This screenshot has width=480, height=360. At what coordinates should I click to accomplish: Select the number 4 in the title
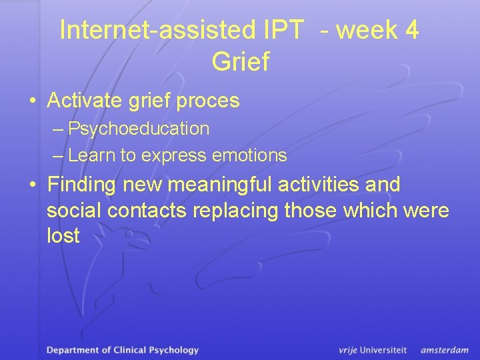[x=412, y=30]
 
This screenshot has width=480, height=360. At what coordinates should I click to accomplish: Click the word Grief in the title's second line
[x=240, y=61]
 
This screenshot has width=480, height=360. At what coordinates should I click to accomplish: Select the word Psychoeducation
[x=139, y=129]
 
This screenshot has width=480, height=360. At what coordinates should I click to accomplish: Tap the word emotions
[x=249, y=156]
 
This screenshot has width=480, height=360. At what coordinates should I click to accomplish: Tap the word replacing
[x=239, y=210]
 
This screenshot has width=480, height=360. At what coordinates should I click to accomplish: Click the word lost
[x=63, y=235]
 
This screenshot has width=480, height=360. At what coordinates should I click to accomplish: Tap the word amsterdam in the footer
[x=445, y=349]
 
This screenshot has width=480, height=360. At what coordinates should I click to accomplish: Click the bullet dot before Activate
[x=32, y=102]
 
